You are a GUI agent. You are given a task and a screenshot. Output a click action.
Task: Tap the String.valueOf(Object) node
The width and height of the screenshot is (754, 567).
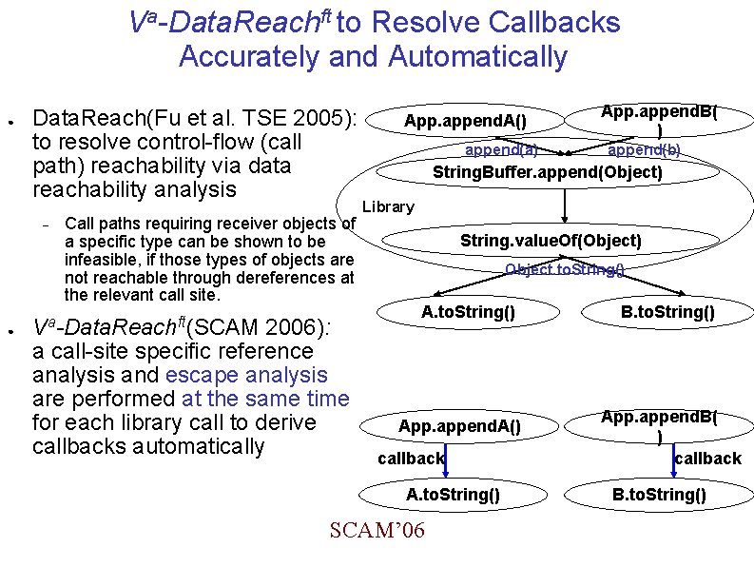(551, 241)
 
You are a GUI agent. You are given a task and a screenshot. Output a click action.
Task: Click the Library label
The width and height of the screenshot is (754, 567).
(388, 206)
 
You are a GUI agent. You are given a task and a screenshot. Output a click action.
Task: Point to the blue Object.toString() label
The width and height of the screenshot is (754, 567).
(564, 270)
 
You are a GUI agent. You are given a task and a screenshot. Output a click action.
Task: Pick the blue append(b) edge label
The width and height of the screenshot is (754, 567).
(644, 149)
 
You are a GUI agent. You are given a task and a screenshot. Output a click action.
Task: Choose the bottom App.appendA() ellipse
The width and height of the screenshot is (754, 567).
(459, 425)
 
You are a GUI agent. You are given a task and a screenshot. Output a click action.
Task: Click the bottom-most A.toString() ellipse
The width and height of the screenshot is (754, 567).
(453, 494)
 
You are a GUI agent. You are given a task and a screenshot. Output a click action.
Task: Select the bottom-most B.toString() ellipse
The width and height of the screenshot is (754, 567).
(659, 494)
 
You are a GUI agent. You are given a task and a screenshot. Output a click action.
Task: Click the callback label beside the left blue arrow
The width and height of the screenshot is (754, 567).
(411, 459)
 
